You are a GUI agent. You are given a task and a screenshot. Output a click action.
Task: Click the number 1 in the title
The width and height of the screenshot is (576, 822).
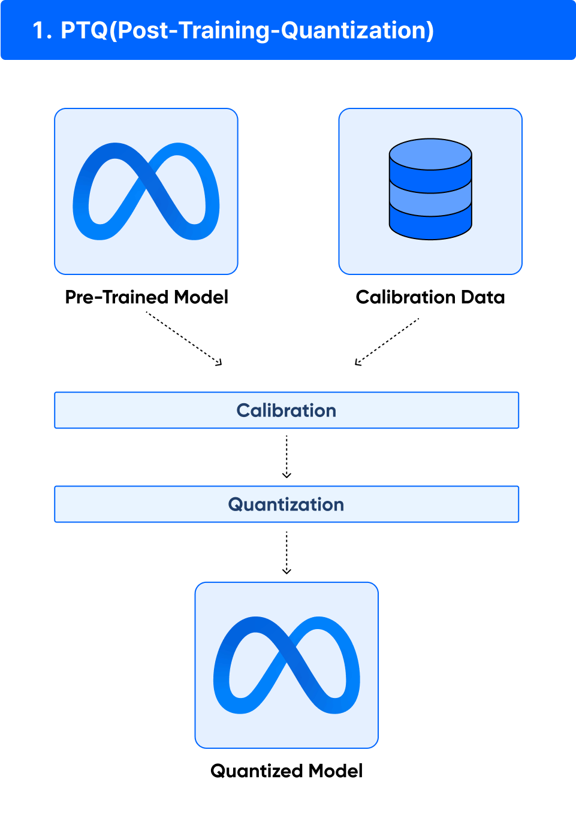[40, 31]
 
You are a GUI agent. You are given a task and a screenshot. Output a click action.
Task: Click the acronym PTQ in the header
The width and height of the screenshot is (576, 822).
[84, 31]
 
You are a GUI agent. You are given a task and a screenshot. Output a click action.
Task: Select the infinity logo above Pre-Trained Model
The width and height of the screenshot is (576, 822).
[146, 192]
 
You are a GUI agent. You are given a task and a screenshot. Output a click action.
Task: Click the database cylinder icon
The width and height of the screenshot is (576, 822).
[430, 189]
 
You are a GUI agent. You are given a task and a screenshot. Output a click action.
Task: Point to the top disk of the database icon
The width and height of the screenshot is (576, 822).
[430, 154]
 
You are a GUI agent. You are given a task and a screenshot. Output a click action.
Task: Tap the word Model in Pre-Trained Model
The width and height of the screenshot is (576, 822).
[201, 297]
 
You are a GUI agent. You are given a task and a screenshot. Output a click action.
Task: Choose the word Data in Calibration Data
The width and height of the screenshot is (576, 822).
[483, 297]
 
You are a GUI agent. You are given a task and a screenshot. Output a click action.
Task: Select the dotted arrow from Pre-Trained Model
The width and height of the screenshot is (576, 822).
[185, 339]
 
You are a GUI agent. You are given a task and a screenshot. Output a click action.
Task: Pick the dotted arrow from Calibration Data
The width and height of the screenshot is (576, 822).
[387, 342]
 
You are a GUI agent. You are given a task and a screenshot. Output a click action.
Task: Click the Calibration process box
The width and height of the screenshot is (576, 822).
[287, 410]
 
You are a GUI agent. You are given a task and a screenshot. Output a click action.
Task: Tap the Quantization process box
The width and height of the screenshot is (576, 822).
[287, 504]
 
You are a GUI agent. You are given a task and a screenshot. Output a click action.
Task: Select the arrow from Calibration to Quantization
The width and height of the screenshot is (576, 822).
[287, 457]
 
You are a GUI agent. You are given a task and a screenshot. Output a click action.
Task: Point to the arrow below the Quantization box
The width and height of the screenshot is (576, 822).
[287, 552]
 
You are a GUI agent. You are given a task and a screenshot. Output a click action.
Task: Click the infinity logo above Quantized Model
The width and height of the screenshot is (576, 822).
[287, 665]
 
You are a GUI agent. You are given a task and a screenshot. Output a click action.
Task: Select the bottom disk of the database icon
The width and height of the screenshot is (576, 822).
[430, 225]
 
